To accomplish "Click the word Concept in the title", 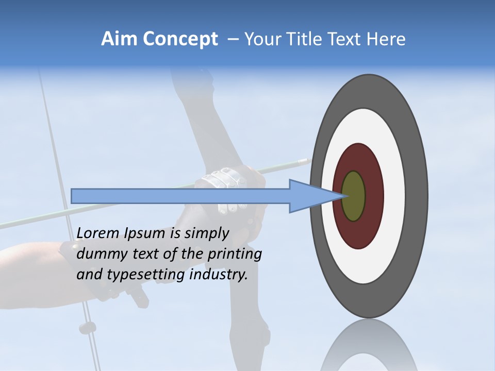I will pyautogui.click(x=180, y=39).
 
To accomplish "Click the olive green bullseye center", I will pyautogui.click(x=354, y=196).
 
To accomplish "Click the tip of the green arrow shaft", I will pyautogui.click(x=308, y=161).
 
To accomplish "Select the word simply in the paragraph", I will pyautogui.click(x=206, y=233).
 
